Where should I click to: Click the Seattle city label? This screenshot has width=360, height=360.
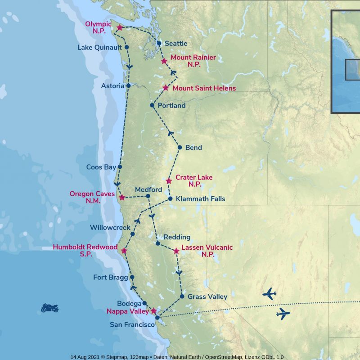point(176,44)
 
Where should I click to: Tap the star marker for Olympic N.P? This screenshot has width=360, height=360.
point(120,28)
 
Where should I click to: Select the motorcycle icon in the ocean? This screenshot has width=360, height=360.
point(49,308)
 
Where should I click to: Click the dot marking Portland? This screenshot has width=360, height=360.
point(152,105)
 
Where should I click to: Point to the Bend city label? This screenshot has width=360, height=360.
point(193,148)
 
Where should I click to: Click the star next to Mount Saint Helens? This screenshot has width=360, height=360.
point(166,88)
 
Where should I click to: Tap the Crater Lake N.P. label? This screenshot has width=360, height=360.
point(194,181)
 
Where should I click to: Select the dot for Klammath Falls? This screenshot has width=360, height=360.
point(170,198)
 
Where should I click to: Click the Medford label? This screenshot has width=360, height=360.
point(148,190)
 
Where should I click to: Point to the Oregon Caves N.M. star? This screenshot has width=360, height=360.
point(121,197)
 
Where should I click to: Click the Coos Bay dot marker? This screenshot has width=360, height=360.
point(120,167)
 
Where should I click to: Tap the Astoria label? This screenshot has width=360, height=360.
point(112,86)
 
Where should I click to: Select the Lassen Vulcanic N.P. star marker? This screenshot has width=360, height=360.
point(176,251)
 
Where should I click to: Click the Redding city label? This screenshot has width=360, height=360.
point(177,237)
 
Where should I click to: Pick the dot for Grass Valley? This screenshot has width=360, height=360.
point(182,297)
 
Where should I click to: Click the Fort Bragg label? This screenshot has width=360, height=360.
point(111,278)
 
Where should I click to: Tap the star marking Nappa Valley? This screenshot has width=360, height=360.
point(153,311)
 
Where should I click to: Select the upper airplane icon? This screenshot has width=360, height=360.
point(269,294)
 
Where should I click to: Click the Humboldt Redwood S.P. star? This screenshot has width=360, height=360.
point(124,251)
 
